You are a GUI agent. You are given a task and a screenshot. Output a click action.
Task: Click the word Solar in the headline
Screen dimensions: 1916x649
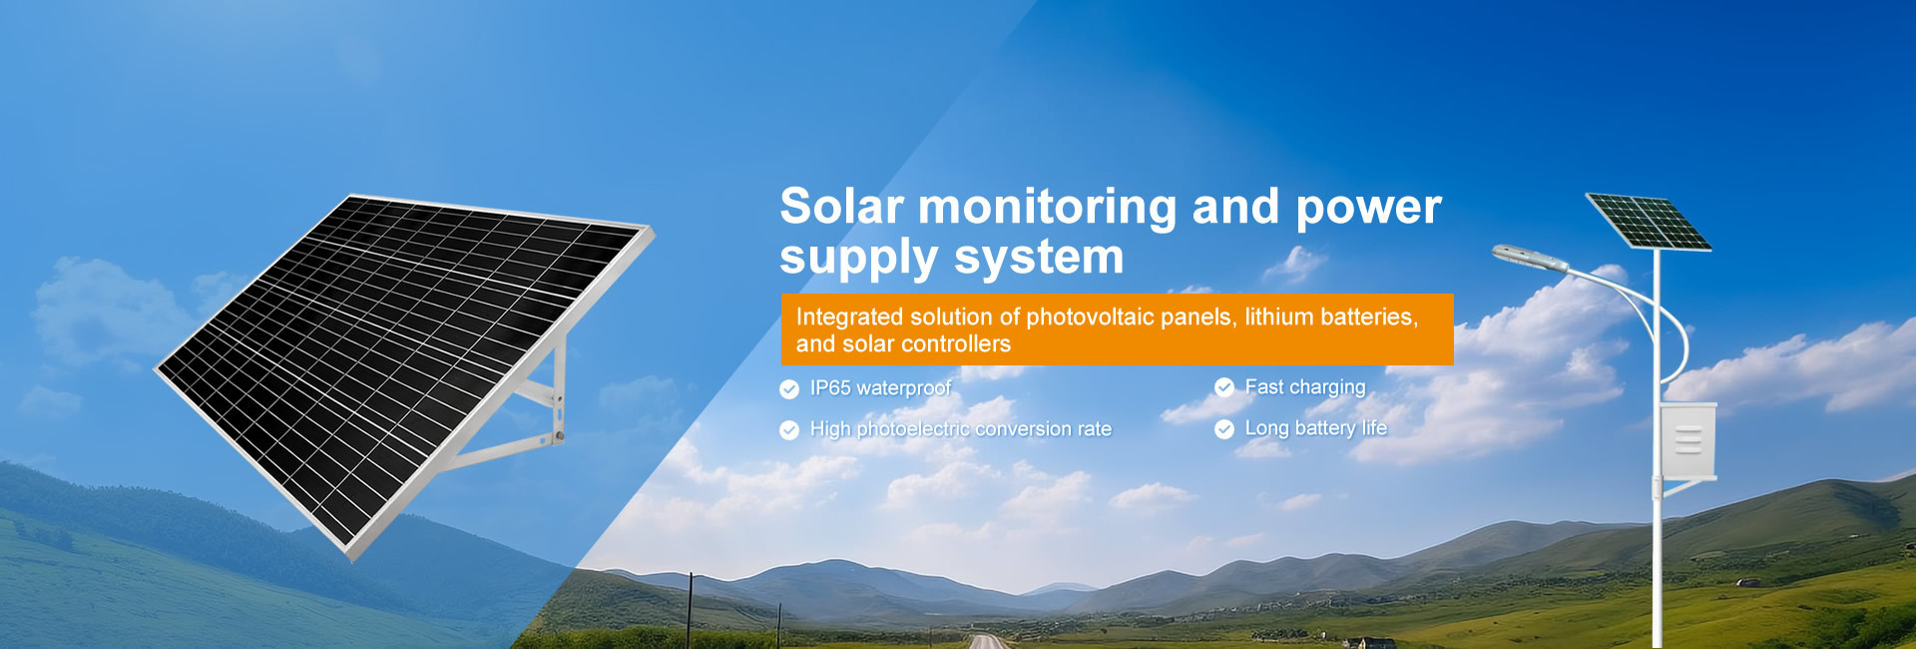pos(841,207)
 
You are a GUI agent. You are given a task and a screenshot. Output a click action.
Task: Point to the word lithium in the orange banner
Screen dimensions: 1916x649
pos(1277,317)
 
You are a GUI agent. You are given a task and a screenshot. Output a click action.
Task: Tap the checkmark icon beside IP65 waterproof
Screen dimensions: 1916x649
pos(789,388)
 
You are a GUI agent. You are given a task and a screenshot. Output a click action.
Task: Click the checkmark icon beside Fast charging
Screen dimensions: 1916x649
pos(1224,387)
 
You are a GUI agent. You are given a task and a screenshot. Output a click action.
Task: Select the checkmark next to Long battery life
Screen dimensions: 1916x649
pos(1224,429)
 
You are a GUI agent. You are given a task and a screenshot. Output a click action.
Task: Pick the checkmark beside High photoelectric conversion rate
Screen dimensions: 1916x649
pos(789,429)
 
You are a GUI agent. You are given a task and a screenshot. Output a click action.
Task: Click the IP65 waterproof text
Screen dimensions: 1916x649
pos(880,387)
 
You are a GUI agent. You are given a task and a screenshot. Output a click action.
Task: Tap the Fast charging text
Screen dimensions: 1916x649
pos(1305,387)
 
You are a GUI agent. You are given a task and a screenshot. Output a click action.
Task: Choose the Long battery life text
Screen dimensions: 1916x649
pos(1316,428)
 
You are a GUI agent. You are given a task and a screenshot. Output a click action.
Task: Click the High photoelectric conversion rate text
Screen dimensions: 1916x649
pos(960,429)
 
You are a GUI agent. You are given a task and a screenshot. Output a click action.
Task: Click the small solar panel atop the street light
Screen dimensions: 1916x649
pos(1649,222)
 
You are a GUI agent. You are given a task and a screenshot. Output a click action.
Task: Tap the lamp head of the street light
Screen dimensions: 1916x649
pos(1529,257)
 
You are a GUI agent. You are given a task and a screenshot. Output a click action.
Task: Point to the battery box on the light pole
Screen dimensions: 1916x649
pos(1688,440)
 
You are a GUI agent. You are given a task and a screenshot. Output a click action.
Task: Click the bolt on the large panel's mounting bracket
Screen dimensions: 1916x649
pos(559,435)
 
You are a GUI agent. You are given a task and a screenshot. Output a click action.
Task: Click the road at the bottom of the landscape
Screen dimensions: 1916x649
pos(988,642)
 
